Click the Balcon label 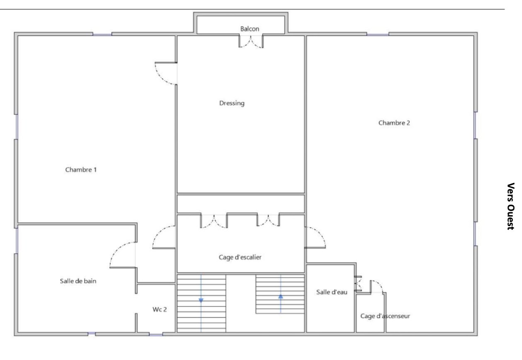tap(249, 29)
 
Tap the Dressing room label tap(232, 103)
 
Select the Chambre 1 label tap(81, 170)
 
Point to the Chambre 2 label tap(394, 123)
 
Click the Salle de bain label tap(78, 281)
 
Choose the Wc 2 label tap(160, 309)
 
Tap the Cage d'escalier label tap(240, 257)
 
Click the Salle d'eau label tap(332, 292)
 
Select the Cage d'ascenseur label tap(385, 316)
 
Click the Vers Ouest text tap(511, 206)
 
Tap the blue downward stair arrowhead tap(201, 301)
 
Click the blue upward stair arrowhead tap(281, 296)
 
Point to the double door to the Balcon tap(251, 42)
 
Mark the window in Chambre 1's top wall tap(102, 34)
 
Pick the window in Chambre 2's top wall tap(378, 34)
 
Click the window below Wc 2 tap(156, 335)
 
